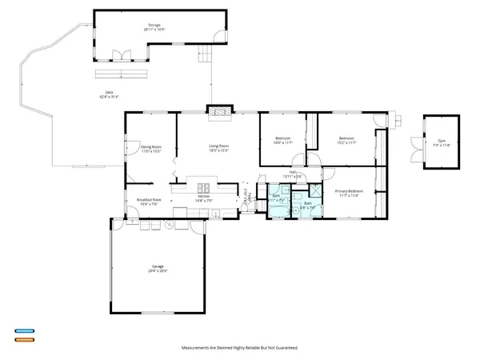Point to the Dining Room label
pos(151,148)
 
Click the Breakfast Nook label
pos(149,202)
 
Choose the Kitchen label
pos(204,198)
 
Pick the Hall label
pos(294,174)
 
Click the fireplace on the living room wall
pos(218,113)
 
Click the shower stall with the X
pos(314,192)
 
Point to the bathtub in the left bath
pos(276,210)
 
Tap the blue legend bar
pos(23,330)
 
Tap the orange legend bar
pos(23,339)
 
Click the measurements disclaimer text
pos(239,349)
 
